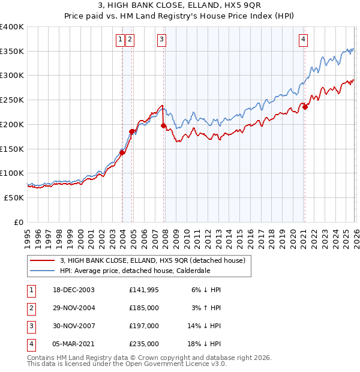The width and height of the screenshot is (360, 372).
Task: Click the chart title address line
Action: point(180,5)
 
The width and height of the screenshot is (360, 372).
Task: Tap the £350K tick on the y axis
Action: point(12,52)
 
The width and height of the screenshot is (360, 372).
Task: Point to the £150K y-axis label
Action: point(12,149)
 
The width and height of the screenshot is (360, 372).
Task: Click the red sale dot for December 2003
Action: point(122,152)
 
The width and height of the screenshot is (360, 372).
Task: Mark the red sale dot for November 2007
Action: point(163,126)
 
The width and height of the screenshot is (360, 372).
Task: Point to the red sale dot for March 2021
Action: point(305,107)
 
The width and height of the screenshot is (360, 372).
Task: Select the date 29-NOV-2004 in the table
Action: point(73,307)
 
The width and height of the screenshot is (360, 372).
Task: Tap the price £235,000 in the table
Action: point(144,344)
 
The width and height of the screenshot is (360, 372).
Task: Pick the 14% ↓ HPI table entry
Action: point(205,326)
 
